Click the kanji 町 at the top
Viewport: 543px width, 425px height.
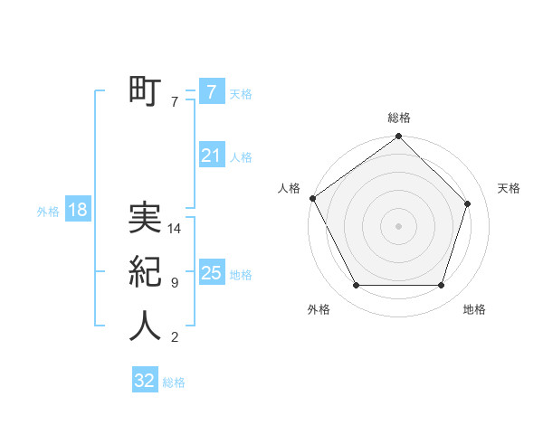click(145, 91)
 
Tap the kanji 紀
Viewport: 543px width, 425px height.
click(145, 272)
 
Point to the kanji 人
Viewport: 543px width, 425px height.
click(145, 326)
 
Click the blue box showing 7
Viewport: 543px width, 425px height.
click(211, 92)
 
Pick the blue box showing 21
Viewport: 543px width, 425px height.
click(211, 156)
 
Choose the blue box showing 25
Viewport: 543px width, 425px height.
click(211, 272)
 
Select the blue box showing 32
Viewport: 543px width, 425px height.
click(145, 381)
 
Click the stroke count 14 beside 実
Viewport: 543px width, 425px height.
click(175, 229)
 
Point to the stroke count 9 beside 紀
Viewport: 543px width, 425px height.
click(174, 283)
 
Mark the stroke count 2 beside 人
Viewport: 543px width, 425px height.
click(174, 337)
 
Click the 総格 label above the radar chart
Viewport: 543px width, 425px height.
click(398, 118)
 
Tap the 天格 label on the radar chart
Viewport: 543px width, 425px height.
click(509, 188)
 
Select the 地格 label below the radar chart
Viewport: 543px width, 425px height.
click(474, 309)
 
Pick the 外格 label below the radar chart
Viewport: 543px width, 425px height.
click(319, 309)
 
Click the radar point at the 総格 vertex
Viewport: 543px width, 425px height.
click(398, 137)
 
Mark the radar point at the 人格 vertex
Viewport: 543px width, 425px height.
click(313, 198)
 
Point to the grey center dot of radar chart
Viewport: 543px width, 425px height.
click(398, 225)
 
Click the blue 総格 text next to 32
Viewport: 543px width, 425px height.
click(174, 382)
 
